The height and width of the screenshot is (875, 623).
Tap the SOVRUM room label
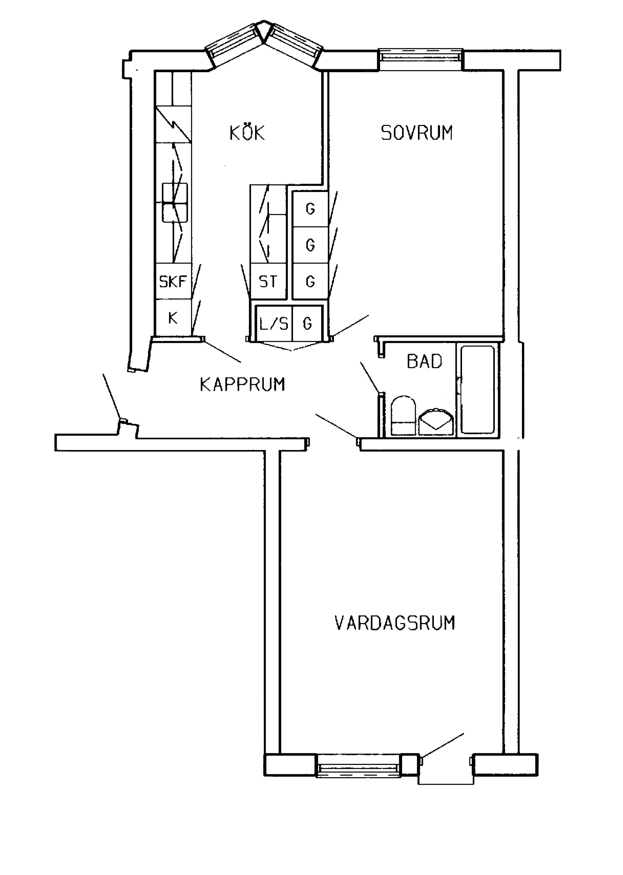click(x=417, y=133)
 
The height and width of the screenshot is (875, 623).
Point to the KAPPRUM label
click(x=243, y=384)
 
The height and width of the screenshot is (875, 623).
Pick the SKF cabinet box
click(x=173, y=281)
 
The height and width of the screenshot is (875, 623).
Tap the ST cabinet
click(x=268, y=281)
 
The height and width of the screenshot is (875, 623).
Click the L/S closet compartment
click(x=274, y=323)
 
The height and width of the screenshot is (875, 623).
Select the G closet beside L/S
click(x=307, y=323)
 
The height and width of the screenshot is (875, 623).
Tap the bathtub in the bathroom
click(x=478, y=390)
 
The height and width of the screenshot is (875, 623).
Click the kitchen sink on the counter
click(x=175, y=203)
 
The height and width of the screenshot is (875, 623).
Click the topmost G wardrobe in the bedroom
click(x=310, y=209)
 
